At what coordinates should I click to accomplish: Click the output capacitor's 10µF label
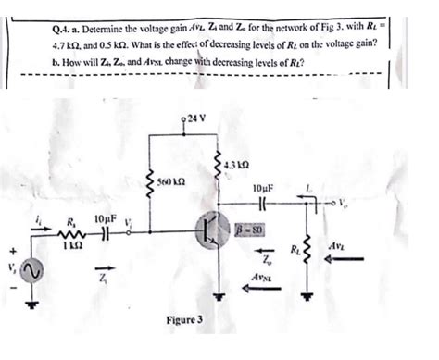coord(263,188)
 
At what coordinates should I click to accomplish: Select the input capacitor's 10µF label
coord(104,219)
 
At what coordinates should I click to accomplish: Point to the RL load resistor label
coord(295,250)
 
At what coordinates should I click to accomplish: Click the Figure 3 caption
coord(184,322)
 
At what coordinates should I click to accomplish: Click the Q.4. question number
coord(64,30)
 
